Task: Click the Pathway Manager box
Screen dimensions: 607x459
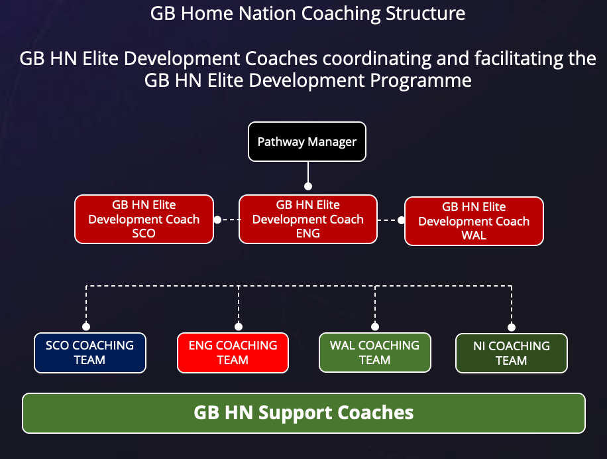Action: point(307,142)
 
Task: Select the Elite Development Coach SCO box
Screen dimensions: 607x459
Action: point(144,220)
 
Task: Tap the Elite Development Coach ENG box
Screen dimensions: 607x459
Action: point(308,220)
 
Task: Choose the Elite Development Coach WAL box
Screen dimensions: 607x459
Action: point(474,221)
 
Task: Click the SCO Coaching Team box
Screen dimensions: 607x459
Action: point(90,353)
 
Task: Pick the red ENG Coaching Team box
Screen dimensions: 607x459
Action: point(233,353)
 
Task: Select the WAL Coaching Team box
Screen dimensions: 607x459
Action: point(374,352)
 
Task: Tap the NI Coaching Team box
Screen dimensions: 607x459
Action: point(512,354)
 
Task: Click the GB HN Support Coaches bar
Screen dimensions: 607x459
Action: point(304,413)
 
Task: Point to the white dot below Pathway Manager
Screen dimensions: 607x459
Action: point(308,186)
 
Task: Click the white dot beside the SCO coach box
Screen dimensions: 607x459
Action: point(217,220)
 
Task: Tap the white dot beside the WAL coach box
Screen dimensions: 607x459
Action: point(402,220)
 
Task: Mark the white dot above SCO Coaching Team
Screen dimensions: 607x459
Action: point(86,326)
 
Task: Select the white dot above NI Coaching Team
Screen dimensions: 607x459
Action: point(512,327)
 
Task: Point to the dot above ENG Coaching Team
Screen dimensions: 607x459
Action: point(239,326)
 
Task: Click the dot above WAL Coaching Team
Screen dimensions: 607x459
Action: point(375,326)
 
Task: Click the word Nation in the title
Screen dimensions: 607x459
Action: point(268,13)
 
